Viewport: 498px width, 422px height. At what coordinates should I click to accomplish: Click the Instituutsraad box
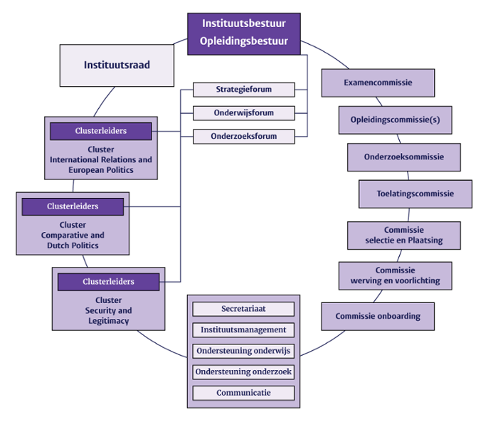[117, 65]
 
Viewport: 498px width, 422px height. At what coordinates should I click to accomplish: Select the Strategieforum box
[244, 90]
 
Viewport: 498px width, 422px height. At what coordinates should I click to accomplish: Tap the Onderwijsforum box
[244, 113]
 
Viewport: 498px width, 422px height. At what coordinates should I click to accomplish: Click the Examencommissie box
[378, 83]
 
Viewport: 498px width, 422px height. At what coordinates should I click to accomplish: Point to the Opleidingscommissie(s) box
[395, 120]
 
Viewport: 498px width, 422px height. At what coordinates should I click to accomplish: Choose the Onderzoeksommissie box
[403, 157]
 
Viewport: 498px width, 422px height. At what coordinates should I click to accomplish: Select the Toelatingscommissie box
[415, 194]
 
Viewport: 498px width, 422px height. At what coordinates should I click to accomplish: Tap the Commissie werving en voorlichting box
[395, 275]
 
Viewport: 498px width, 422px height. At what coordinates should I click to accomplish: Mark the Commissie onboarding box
[378, 316]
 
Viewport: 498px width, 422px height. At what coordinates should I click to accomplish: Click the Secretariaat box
[243, 309]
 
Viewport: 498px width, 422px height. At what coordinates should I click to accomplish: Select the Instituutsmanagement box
[243, 330]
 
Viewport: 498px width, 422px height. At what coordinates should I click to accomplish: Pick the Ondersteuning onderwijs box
[243, 351]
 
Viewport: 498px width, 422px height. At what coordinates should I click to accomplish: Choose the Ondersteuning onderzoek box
[243, 371]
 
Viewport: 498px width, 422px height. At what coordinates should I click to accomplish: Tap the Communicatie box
[243, 393]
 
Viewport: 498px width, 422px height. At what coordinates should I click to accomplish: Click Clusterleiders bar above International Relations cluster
[100, 131]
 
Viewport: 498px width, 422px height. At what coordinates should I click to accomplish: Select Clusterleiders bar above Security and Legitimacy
[108, 282]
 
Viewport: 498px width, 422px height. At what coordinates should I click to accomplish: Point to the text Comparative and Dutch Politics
[73, 241]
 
